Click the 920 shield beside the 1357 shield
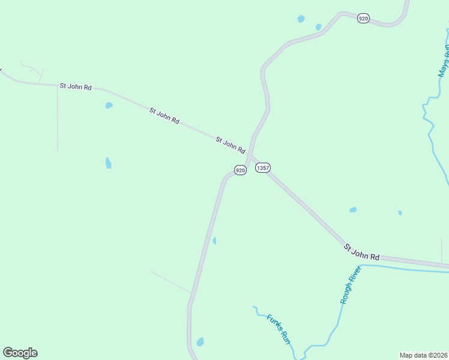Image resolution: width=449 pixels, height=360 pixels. pyautogui.click(x=240, y=170)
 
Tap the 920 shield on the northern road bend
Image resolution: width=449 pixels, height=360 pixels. pyautogui.click(x=363, y=19)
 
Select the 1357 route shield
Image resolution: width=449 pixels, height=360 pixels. pyautogui.click(x=262, y=168)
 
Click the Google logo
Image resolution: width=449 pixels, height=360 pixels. pyautogui.click(x=20, y=353)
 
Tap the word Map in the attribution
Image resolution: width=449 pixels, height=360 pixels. pyautogui.click(x=406, y=355)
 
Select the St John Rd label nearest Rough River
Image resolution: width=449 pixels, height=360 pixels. pyautogui.click(x=362, y=252)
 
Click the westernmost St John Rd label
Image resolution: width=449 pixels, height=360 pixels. pyautogui.click(x=76, y=86)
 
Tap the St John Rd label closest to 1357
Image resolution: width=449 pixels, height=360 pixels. pyautogui.click(x=231, y=145)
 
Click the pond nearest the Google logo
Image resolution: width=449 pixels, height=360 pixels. pyautogui.click(x=200, y=342)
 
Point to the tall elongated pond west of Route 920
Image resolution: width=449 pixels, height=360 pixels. pyautogui.click(x=108, y=163)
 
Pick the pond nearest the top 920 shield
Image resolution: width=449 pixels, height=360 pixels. pyautogui.click(x=318, y=27)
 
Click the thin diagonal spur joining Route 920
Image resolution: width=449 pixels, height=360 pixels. pyautogui.click(x=171, y=282)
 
